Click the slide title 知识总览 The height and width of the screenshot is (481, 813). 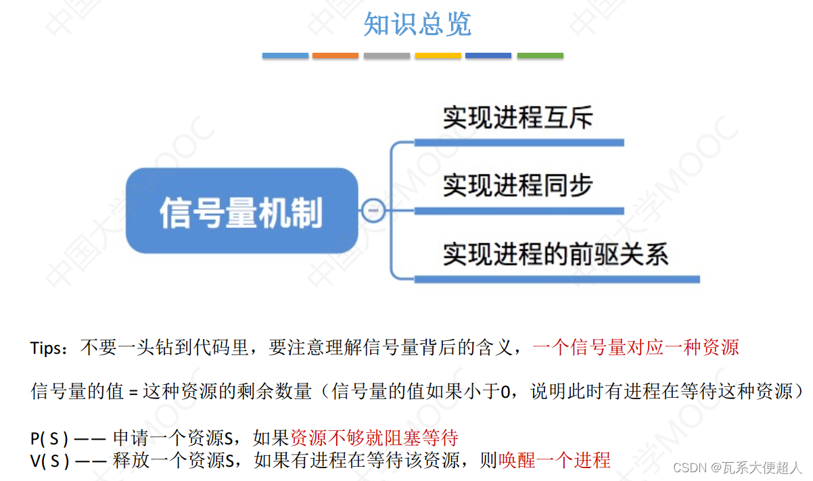tap(417, 24)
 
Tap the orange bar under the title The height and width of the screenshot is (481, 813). tap(335, 55)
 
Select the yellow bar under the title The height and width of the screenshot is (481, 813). tap(438, 55)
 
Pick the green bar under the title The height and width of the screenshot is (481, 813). tap(540, 55)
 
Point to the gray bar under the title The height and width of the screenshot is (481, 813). tap(386, 55)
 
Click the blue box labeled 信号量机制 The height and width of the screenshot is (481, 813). tap(241, 211)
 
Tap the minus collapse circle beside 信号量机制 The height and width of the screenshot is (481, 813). tap(372, 211)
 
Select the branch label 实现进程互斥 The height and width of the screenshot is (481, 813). tap(517, 118)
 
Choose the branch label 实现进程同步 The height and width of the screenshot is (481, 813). tap(517, 185)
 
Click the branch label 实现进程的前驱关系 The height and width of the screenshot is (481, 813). tap(555, 254)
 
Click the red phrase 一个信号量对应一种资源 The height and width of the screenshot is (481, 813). tap(635, 348)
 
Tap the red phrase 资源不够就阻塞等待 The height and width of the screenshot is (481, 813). tap(384, 437)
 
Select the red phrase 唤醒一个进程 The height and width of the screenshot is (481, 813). tap(554, 461)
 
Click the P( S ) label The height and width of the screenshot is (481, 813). tap(49, 438)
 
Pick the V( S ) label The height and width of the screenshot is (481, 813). tap(49, 461)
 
